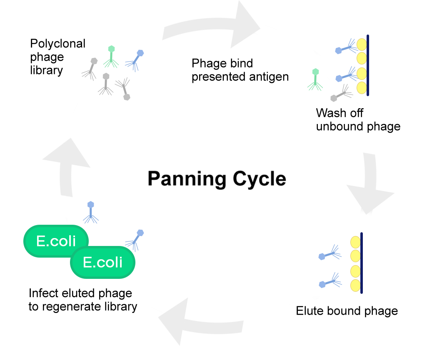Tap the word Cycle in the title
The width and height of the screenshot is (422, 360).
(259, 179)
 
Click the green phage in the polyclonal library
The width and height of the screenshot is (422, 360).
(111, 56)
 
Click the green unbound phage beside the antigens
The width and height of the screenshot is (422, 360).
(315, 79)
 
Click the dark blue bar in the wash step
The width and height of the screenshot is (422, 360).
(368, 65)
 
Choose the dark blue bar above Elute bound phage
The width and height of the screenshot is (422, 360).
(362, 263)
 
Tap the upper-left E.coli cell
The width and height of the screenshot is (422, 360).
(56, 241)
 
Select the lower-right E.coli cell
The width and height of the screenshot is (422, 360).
(103, 262)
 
